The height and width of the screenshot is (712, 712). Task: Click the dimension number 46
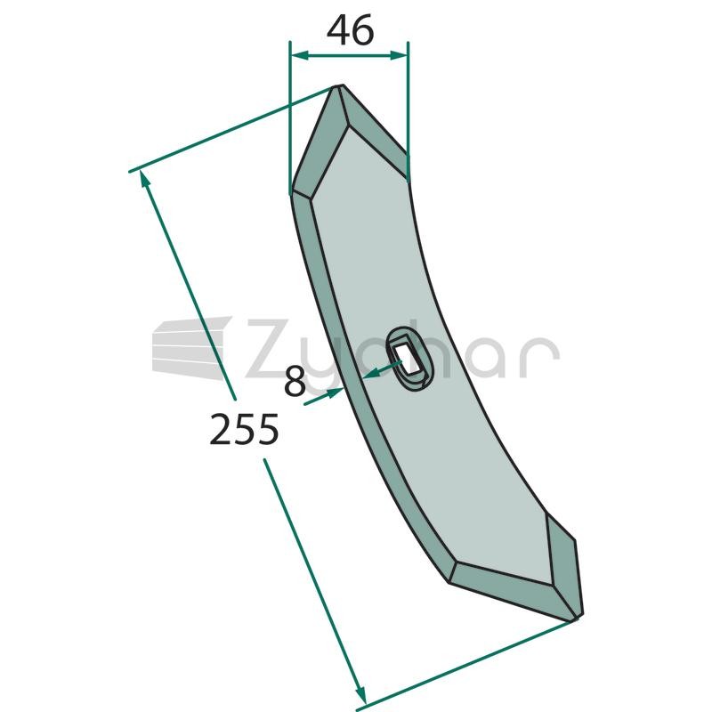click(x=350, y=30)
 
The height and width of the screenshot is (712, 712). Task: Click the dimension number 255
click(x=244, y=429)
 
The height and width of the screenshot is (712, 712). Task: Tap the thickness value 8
click(x=295, y=382)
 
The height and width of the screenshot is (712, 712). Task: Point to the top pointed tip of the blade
click(x=339, y=86)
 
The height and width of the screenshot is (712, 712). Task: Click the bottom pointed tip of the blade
click(x=577, y=618)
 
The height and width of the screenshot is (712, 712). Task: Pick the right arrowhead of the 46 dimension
click(x=398, y=55)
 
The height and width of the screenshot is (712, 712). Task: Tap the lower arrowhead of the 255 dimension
click(x=360, y=694)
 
